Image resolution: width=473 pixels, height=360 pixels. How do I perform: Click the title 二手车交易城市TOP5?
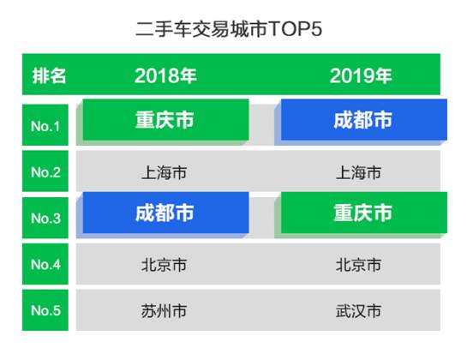pyautogui.click(x=229, y=29)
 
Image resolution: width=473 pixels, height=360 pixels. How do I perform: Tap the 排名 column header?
pyautogui.click(x=49, y=75)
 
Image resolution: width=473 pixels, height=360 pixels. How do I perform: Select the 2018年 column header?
pyautogui.click(x=165, y=75)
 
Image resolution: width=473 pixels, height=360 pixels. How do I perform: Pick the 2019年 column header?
pyautogui.click(x=361, y=75)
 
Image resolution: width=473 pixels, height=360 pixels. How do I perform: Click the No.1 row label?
pyautogui.click(x=45, y=125)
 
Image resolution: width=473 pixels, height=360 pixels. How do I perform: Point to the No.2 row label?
pyautogui.click(x=45, y=171)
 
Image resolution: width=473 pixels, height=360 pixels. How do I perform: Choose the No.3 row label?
pyautogui.click(x=45, y=218)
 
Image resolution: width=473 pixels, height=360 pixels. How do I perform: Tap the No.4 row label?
pyautogui.click(x=45, y=264)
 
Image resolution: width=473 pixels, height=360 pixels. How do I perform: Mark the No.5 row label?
pyautogui.click(x=45, y=310)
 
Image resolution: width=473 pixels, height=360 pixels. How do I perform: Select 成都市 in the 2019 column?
pyautogui.click(x=364, y=120)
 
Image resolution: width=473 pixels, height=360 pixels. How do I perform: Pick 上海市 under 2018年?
pyautogui.click(x=164, y=172)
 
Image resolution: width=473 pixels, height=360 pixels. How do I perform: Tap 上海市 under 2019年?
pyautogui.click(x=358, y=172)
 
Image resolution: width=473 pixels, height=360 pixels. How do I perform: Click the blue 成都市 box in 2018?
pyautogui.click(x=166, y=213)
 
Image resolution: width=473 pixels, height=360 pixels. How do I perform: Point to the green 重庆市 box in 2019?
pyautogui.click(x=364, y=213)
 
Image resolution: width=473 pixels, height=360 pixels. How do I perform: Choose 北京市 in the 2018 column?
pyautogui.click(x=164, y=265)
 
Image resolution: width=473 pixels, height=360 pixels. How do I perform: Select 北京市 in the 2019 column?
pyautogui.click(x=358, y=265)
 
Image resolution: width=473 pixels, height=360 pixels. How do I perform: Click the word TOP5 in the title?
pyautogui.click(x=295, y=29)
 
